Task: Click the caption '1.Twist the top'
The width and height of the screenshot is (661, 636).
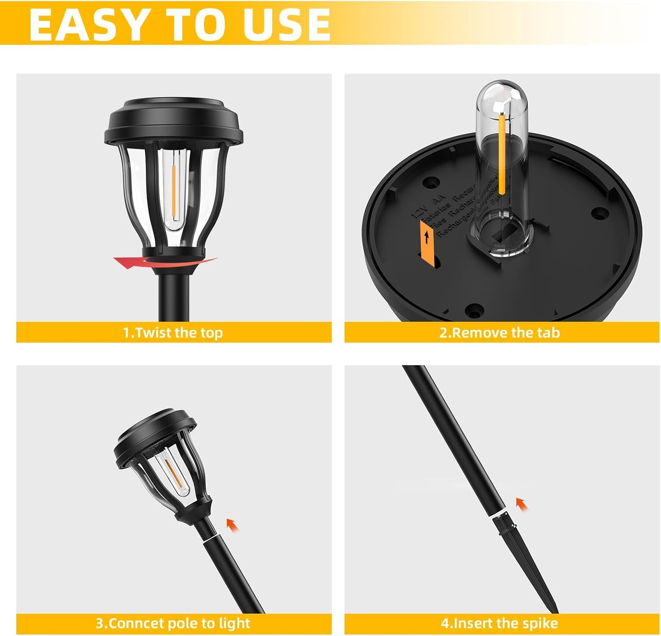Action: pos(173,333)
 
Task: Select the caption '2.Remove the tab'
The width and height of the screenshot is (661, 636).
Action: pos(499,333)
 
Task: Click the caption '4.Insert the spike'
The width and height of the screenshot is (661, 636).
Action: pos(499,623)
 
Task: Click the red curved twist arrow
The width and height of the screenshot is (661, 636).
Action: pos(132,263)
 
